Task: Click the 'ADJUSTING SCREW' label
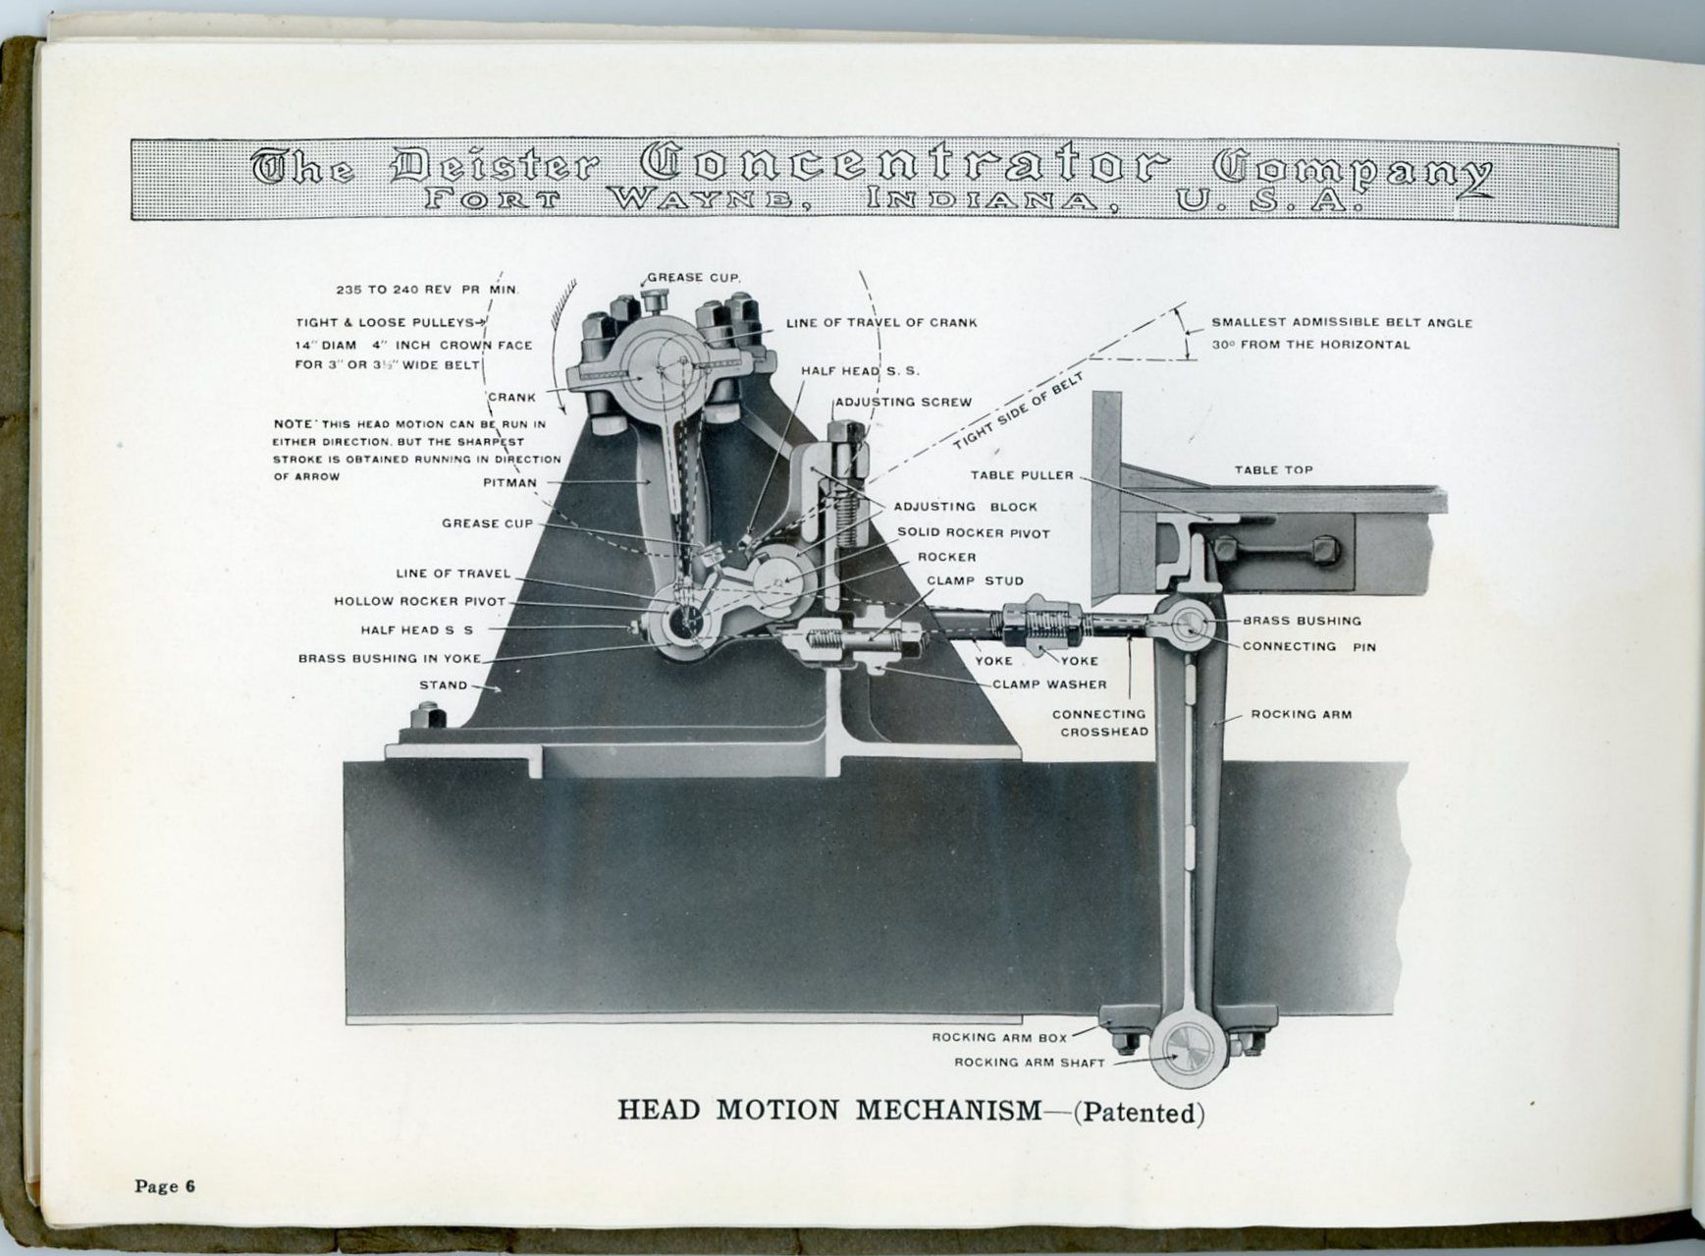[903, 402]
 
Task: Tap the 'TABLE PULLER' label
[1022, 475]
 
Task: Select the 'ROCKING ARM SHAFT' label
[1030, 1063]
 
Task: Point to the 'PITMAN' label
[509, 483]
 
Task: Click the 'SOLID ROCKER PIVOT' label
[973, 533]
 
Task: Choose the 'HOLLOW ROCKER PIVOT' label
[419, 601]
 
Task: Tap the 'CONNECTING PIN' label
[1308, 646]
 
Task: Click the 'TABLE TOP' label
[1273, 470]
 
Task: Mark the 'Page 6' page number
[165, 1186]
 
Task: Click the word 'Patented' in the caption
[1139, 1114]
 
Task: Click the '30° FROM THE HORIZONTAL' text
[1310, 345]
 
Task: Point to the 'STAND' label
[443, 685]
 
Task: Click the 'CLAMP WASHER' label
[1049, 684]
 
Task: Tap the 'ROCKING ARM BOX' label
[999, 1037]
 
